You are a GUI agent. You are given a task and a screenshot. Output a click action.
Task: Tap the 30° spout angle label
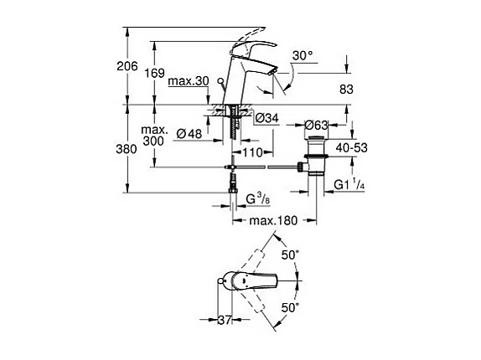[x=303, y=55]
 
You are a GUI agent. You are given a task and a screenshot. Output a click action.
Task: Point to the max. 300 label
[x=153, y=136]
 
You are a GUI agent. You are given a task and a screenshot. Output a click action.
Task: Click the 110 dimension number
[x=253, y=152]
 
